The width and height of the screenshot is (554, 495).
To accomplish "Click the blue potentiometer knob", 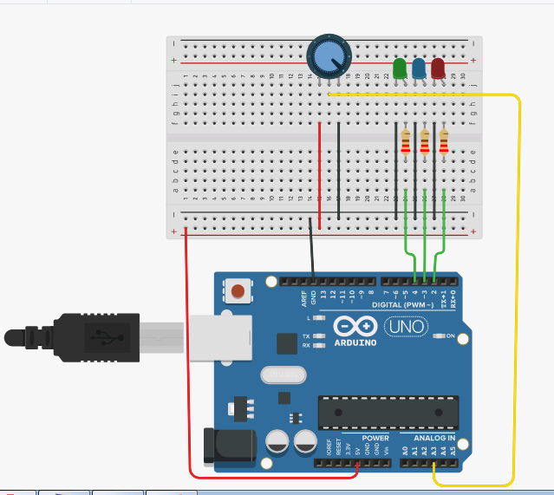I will coord(328,58).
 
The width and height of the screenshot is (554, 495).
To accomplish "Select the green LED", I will coord(400,68).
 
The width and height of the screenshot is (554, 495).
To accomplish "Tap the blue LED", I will coord(419,68).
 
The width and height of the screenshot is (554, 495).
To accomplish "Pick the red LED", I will coord(438,68).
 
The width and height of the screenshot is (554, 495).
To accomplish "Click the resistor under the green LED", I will coord(406,142).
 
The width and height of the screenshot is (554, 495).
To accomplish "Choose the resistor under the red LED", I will coord(444,142).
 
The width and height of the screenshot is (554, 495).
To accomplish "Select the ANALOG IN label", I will coord(433,439).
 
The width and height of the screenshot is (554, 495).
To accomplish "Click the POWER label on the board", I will coord(375,439).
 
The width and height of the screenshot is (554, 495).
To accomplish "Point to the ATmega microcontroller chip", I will coord(388,413).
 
